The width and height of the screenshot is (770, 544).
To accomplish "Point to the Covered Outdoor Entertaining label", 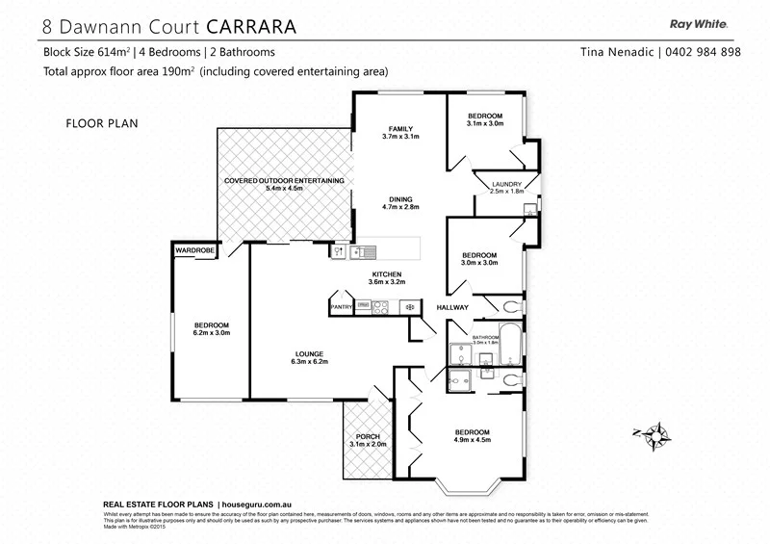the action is click(284, 180).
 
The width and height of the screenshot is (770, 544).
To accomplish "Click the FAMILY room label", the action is click(400, 128).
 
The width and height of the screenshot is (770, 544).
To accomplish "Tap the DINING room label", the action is click(400, 197).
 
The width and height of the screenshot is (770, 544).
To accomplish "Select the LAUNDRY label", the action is click(506, 184).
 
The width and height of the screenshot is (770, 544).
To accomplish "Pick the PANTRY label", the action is click(342, 307).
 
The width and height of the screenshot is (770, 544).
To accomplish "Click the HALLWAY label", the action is click(452, 307).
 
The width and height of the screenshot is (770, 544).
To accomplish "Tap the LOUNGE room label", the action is click(309, 353).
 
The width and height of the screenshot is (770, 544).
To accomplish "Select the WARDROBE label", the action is click(193, 250).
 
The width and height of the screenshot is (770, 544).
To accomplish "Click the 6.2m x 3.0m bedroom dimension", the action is click(211, 332).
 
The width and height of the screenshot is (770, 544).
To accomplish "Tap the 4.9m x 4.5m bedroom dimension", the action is click(473, 440).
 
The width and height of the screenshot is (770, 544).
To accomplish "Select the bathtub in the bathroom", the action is click(510, 348).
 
